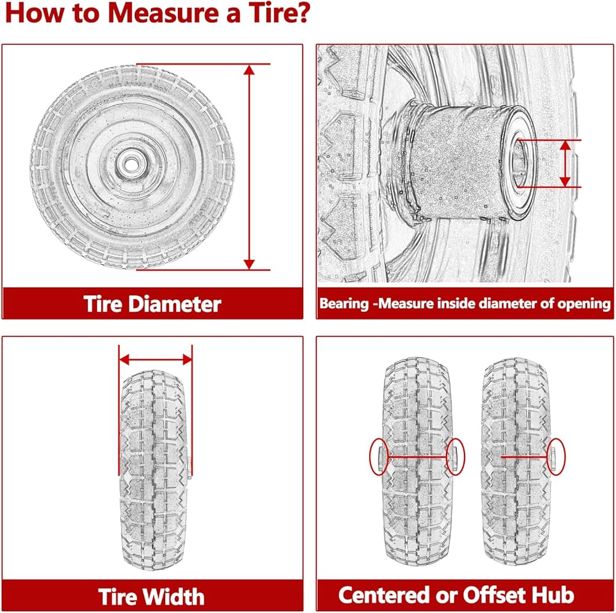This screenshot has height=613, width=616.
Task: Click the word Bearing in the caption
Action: (x=344, y=304)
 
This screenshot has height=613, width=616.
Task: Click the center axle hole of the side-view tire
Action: (x=131, y=164)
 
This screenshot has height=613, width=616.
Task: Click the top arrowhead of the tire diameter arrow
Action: (x=249, y=70)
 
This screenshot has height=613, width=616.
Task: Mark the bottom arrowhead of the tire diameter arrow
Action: (x=249, y=264)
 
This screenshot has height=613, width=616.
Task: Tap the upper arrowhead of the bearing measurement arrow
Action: (x=565, y=145)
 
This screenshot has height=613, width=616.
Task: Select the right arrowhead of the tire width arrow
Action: (x=187, y=359)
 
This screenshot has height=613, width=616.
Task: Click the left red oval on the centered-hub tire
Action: (x=379, y=457)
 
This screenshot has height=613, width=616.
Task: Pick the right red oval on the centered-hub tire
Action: (x=456, y=457)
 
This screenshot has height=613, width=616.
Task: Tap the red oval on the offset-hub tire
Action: (x=556, y=457)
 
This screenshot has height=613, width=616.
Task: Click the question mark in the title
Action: (x=302, y=14)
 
